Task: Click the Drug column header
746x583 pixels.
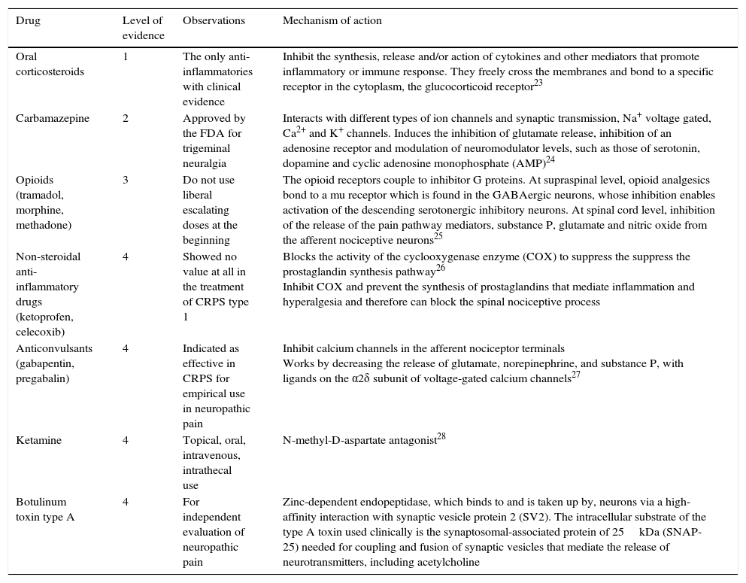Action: pos(28,21)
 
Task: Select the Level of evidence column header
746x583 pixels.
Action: pos(143,28)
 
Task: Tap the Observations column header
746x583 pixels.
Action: pos(214,21)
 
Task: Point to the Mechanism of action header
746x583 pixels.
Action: pos(332,21)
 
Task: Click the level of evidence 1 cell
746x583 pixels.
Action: pos(126,57)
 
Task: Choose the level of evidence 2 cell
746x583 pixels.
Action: pos(126,118)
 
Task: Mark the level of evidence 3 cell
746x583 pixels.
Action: pos(126,180)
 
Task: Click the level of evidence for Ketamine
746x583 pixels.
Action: pos(126,440)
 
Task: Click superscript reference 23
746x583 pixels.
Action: pos(538,83)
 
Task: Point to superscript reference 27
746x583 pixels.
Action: pos(576,375)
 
